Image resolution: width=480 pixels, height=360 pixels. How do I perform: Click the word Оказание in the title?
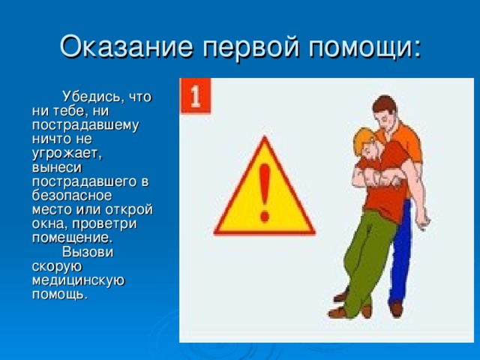pos(127,46)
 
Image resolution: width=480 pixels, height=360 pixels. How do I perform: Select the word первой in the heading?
pos(250,47)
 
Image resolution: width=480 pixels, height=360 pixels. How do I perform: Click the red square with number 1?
pos(195,96)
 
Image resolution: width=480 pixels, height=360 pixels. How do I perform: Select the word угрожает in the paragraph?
pos(67,154)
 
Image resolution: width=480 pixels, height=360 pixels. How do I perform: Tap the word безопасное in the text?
pos(72,196)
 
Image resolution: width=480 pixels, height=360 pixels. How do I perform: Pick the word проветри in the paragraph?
pos(105,224)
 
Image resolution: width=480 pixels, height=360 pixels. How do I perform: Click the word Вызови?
pos(88,252)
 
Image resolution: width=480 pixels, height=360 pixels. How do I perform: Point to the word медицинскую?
pos(78,280)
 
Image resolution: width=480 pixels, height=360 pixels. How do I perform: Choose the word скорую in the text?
pos(57,267)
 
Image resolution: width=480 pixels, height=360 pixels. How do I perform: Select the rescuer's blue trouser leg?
pos(400,254)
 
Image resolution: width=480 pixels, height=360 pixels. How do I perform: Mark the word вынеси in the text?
pos(57,168)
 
